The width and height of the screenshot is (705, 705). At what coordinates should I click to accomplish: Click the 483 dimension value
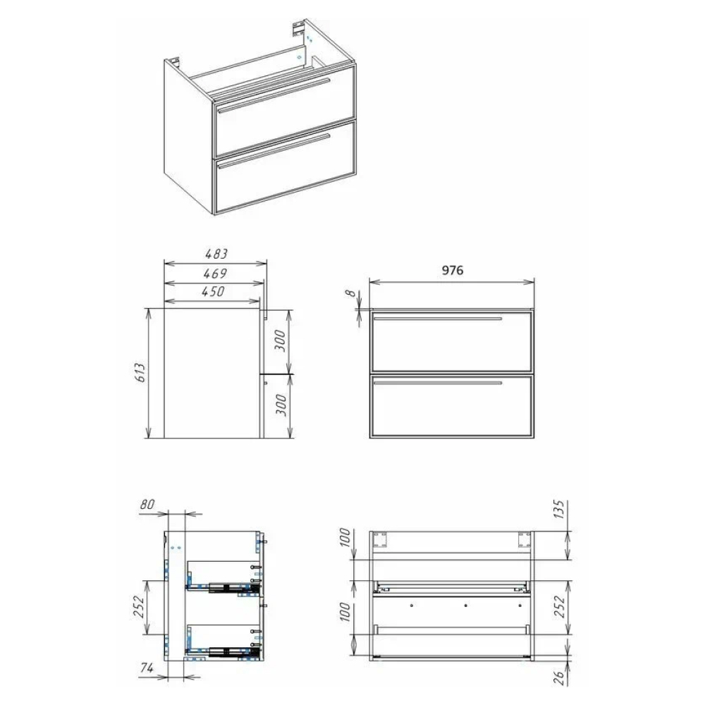pyautogui.click(x=216, y=254)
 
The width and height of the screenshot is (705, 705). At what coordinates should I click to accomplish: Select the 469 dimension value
pyautogui.click(x=215, y=274)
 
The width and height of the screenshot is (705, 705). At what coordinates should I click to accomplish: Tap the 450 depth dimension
pyautogui.click(x=213, y=292)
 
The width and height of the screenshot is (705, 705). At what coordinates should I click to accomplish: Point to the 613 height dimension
pyautogui.click(x=141, y=373)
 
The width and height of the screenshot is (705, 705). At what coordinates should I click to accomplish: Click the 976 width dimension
pyautogui.click(x=453, y=270)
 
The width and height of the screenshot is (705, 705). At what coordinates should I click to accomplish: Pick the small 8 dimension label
pyautogui.click(x=350, y=293)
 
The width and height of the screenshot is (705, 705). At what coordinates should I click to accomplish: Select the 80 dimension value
pyautogui.click(x=147, y=505)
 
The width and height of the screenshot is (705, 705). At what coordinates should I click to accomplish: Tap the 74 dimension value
pyautogui.click(x=147, y=668)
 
